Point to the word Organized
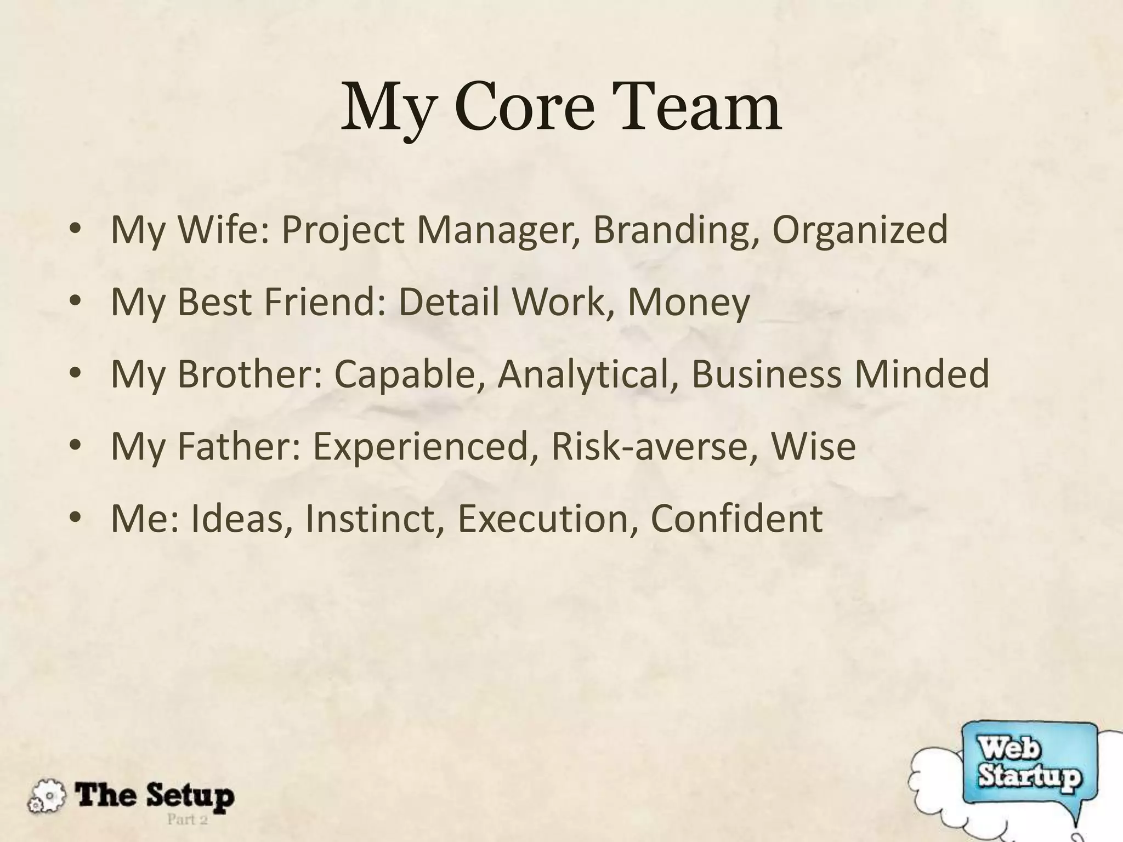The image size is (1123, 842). tap(860, 230)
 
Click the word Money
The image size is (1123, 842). tap(688, 302)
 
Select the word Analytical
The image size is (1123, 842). tap(588, 374)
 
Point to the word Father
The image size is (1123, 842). tap(239, 446)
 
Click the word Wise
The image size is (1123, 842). tap(813, 446)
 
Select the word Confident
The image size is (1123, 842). tap(736, 518)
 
